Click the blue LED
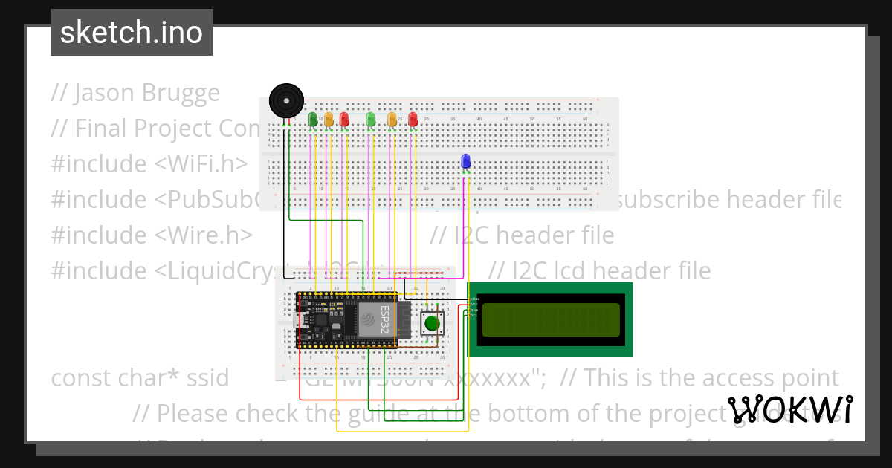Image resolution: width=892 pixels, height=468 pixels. pos(466,161)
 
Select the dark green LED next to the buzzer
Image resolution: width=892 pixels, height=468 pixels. pos(312,118)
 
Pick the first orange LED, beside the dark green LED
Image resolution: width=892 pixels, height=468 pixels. pos(329,118)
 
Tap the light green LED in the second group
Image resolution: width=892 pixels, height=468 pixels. pos(370,118)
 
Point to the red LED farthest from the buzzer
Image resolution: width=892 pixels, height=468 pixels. pos(413,118)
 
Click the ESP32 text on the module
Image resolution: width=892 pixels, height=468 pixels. pos(385,316)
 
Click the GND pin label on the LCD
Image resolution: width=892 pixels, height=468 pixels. pos(474,299)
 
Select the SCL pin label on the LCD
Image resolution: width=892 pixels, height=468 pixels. pos(474,315)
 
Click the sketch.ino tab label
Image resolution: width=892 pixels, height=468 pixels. pos(132,33)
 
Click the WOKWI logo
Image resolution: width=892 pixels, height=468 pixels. pos(790,410)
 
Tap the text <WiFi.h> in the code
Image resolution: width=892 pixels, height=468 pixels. pos(201,164)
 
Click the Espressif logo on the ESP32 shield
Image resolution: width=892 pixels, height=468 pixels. pos(369,319)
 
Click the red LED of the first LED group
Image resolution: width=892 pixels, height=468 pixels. pos(344,118)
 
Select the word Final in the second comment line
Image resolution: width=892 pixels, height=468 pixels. pos(101,129)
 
